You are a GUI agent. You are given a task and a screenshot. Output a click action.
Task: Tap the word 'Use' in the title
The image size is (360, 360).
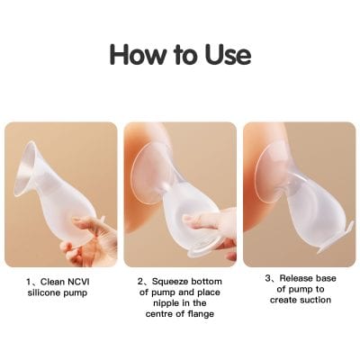pyautogui.click(x=225, y=53)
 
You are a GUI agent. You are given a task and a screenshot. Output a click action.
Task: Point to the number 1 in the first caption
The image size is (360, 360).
pyautogui.click(x=31, y=282)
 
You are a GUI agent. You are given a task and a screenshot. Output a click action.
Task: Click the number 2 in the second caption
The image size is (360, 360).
pyautogui.click(x=142, y=282)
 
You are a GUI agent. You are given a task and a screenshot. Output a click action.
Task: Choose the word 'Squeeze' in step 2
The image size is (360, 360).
pyautogui.click(x=173, y=282)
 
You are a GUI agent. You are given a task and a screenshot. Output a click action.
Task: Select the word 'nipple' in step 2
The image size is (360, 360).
pyautogui.click(x=165, y=303)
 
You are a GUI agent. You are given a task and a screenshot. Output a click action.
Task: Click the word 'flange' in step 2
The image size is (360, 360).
pyautogui.click(x=206, y=314)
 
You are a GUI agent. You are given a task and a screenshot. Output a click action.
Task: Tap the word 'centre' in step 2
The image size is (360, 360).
pyautogui.click(x=166, y=314)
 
